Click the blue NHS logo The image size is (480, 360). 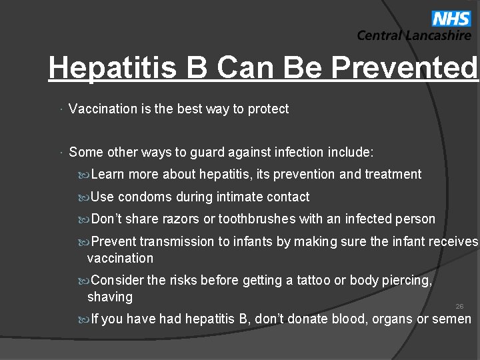[451, 18]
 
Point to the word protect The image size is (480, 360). [268, 109]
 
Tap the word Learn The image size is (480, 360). [108, 174]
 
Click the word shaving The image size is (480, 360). [110, 297]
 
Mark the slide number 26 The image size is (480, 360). [459, 306]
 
